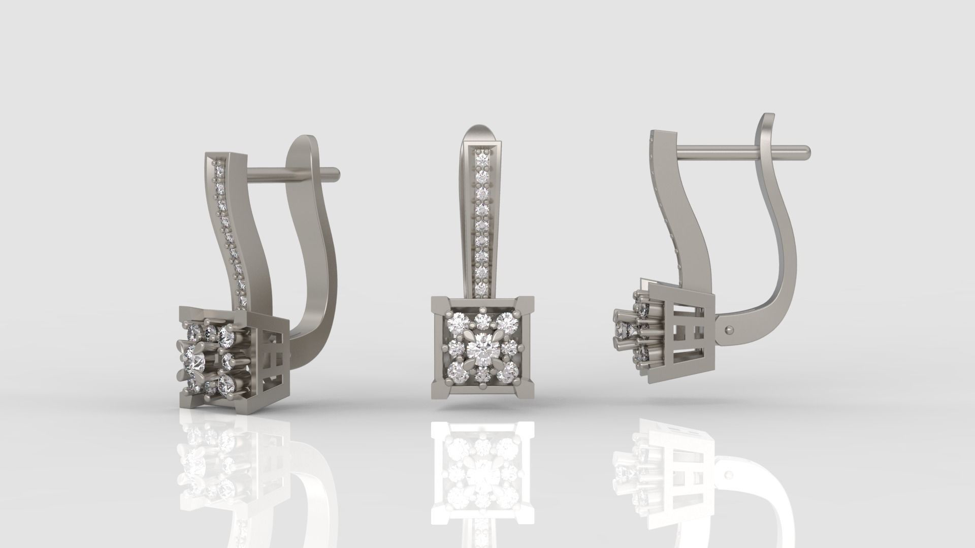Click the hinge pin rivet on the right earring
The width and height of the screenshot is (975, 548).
729,330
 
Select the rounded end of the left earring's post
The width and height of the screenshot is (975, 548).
335,173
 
